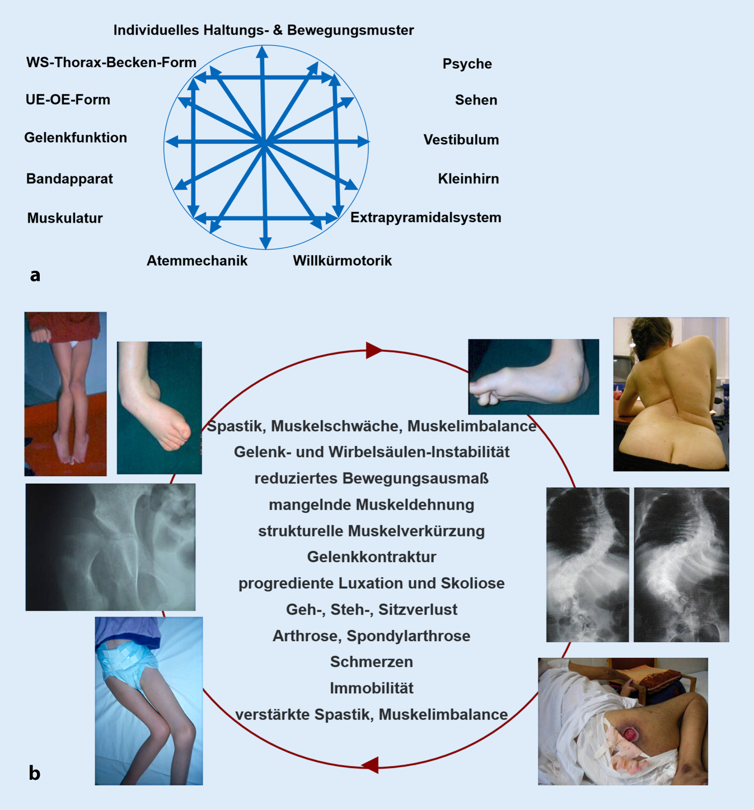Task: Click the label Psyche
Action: [467, 64]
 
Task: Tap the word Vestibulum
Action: [461, 140]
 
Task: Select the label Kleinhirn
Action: [468, 179]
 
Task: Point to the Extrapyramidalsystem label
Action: [425, 218]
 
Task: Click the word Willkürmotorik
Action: [342, 261]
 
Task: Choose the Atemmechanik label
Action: [197, 261]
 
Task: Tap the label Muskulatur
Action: [65, 218]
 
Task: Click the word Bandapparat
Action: [69, 179]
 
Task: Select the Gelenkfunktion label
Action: [76, 138]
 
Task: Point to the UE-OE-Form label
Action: [68, 100]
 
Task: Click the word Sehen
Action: [476, 100]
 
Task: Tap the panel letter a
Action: [35, 275]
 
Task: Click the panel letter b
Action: [34, 773]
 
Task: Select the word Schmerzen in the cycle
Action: [372, 662]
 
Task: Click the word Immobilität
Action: [372, 688]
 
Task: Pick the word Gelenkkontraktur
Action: [372, 557]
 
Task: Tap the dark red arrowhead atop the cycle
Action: [373, 351]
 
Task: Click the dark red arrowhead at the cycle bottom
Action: [371, 765]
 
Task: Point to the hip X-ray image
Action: [110, 547]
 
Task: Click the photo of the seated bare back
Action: [671, 394]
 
